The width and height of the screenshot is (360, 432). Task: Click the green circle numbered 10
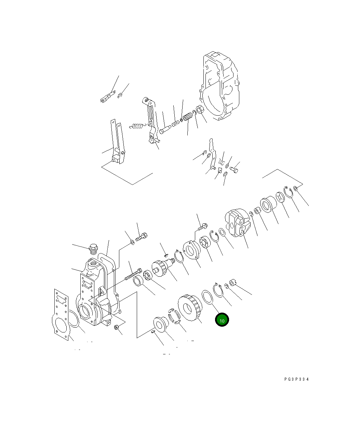pos(222,320)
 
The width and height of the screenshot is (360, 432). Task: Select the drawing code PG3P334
pos(296,379)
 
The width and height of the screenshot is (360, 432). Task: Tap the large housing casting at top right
pos(221,87)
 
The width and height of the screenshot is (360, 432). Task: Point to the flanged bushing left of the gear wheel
pos(160,324)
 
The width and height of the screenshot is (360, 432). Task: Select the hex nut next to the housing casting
pos(201,111)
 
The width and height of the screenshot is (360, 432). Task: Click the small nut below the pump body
pos(116,328)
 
